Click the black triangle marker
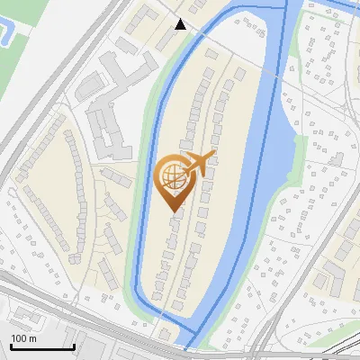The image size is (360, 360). point(181,24)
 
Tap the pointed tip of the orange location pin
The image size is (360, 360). point(173,210)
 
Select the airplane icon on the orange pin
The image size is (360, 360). point(197,165)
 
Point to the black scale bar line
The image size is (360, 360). point(42,346)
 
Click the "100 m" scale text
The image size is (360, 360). point(23,338)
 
